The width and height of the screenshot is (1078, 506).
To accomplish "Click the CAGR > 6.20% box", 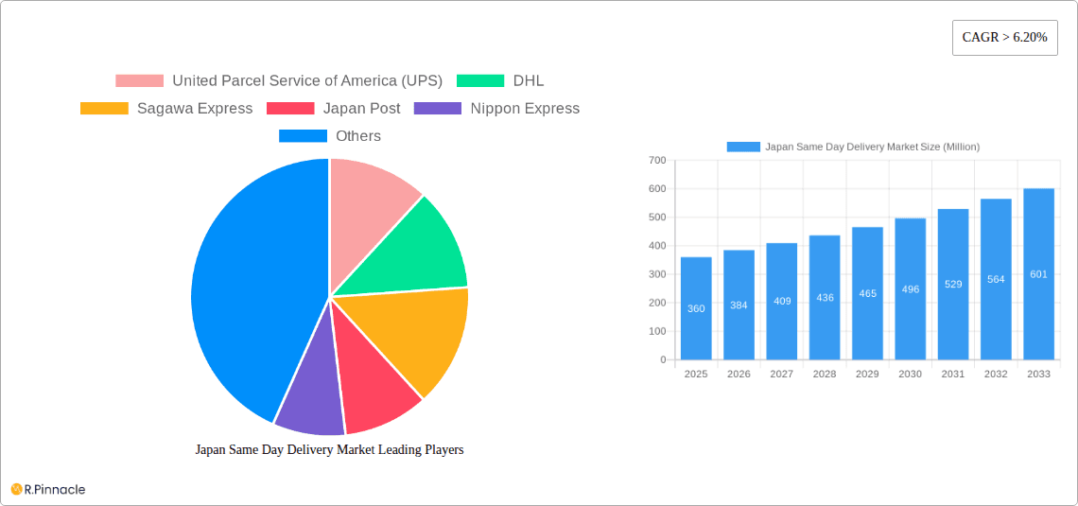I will (x=1004, y=38).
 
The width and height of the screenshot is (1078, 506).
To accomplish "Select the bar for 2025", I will (x=696, y=308).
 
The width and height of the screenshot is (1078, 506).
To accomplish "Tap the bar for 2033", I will (x=1038, y=274).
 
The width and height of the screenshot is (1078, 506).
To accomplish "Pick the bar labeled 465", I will (x=867, y=293).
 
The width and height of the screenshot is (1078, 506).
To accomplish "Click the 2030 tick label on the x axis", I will (x=910, y=375).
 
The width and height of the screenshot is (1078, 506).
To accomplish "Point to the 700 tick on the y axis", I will (x=657, y=161).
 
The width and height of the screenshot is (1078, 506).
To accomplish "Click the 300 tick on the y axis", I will (x=657, y=274).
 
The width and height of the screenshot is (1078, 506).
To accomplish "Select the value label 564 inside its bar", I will (x=996, y=279).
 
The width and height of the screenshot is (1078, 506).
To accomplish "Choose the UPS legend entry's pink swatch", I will (x=139, y=81).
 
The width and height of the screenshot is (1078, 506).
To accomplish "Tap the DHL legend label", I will (x=529, y=81).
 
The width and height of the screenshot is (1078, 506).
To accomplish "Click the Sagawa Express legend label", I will (x=195, y=109).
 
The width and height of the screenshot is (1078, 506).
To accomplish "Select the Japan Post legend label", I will (x=361, y=109).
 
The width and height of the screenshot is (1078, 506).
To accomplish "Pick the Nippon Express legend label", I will (x=525, y=109).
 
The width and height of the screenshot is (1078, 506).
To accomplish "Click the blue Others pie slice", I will (x=246, y=284).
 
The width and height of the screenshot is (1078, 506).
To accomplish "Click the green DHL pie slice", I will (x=416, y=246).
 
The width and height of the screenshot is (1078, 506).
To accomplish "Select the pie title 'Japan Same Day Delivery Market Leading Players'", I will (x=329, y=450).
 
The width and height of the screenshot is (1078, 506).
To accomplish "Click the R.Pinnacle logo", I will (x=48, y=489).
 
